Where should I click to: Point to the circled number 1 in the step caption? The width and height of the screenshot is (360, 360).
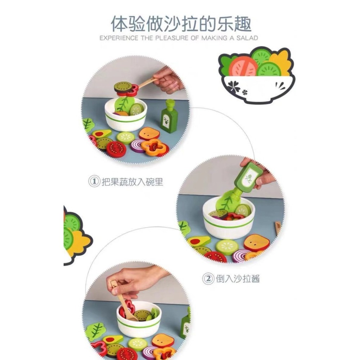coord(94,182)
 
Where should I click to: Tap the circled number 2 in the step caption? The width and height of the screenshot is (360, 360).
coord(207,279)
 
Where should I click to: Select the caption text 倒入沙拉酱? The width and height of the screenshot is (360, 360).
coord(239,279)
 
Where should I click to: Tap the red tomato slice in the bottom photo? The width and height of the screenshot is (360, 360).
coord(127,354)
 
